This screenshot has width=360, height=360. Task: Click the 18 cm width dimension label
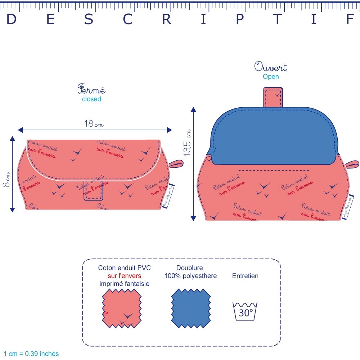(94, 124)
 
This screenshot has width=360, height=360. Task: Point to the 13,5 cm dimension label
(188, 143)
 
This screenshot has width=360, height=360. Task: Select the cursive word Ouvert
(271, 67)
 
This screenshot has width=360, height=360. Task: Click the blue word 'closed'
(91, 99)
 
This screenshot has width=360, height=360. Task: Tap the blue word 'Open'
(271, 76)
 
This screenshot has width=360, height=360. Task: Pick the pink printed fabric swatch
(122, 309)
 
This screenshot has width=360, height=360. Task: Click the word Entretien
(245, 276)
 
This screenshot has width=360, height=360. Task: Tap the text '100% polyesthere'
(190, 276)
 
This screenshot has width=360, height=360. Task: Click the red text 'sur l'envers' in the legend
(124, 276)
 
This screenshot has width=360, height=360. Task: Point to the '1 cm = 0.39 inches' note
(31, 354)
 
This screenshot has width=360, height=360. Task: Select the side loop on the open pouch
(352, 164)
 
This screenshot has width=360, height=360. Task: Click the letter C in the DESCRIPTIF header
(128, 20)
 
